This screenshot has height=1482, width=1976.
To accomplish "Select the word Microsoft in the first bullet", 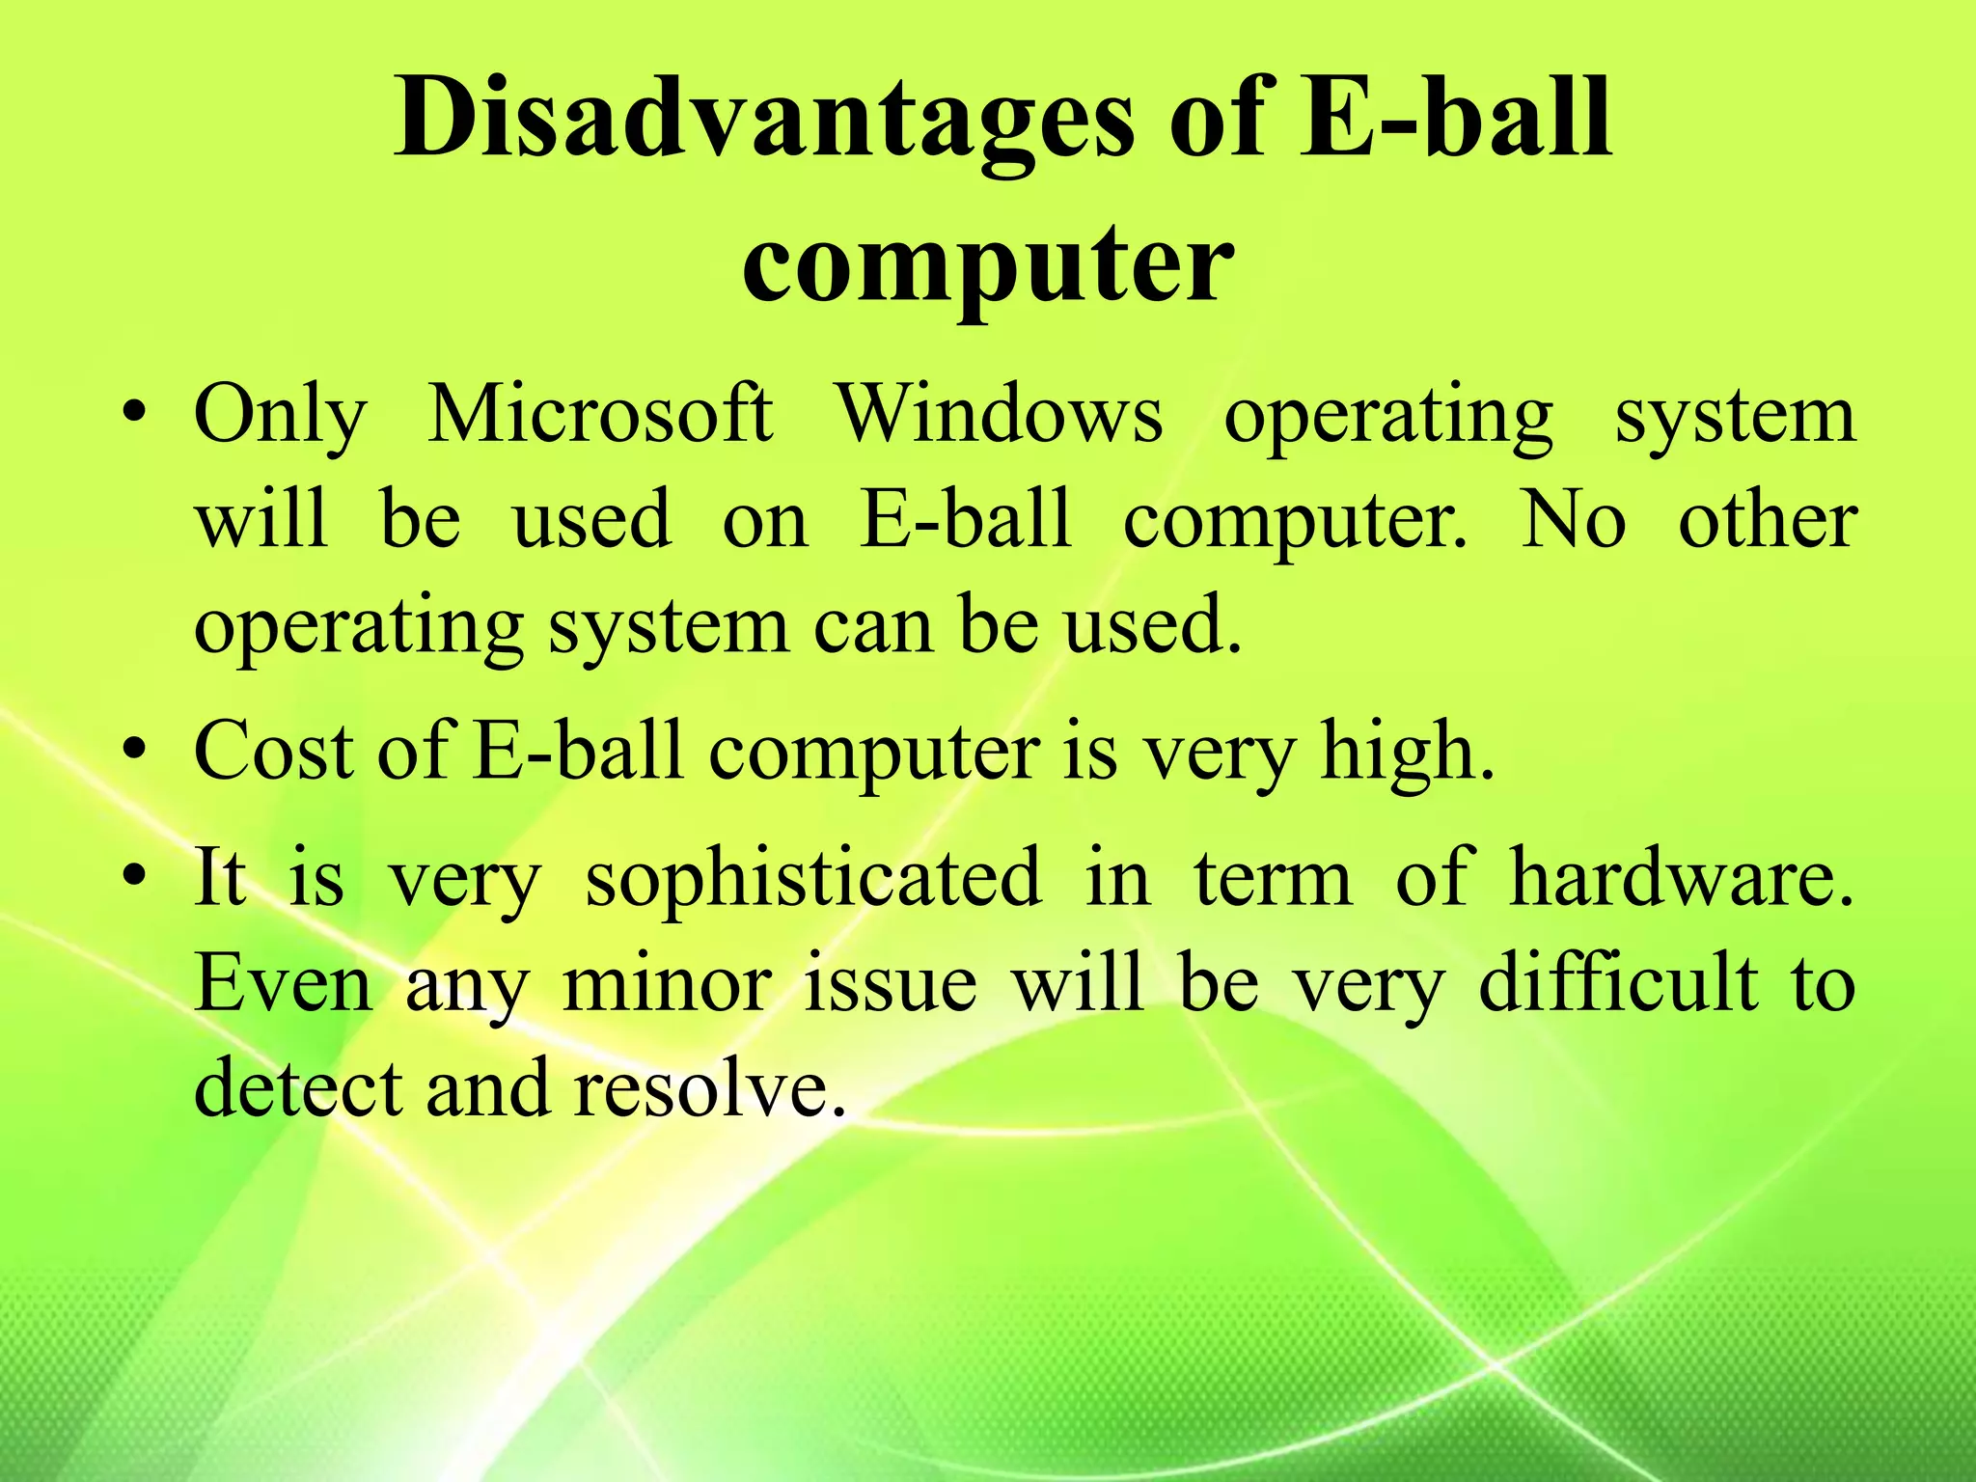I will (x=599, y=415).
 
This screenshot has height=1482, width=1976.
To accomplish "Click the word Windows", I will (x=999, y=415).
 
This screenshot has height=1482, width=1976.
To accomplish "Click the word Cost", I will (x=273, y=752).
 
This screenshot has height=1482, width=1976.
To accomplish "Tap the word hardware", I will (x=1679, y=878).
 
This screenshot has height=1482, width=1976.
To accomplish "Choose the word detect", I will (x=297, y=1088).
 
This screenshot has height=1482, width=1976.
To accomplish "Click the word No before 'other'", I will (x=1573, y=521).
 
